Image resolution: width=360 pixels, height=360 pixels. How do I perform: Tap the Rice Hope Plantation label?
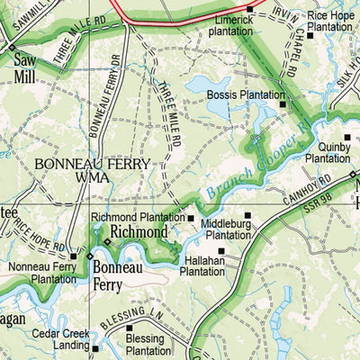[330, 21]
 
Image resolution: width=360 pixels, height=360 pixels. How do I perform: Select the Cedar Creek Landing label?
[61, 339]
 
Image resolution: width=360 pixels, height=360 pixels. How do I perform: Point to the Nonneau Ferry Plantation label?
[43, 273]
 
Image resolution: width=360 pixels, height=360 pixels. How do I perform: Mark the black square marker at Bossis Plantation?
[283, 104]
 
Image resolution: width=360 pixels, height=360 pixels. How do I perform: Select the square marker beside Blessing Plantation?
[130, 328]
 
